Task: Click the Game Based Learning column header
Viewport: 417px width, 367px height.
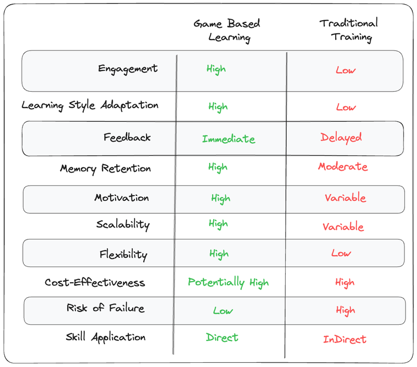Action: [x=227, y=30]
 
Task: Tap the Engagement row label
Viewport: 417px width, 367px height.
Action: [x=128, y=69]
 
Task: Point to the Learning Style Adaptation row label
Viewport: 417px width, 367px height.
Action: [x=90, y=105]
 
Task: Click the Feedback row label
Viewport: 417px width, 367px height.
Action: [x=127, y=137]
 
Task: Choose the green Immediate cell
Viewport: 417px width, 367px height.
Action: [x=228, y=139]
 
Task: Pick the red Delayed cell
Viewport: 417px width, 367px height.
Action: [x=341, y=137]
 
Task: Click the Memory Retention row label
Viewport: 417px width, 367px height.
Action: [x=105, y=169]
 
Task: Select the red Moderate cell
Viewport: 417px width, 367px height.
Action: [x=342, y=167]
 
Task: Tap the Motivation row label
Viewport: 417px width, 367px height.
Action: [x=121, y=198]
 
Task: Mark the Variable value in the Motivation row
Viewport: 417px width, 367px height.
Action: [x=345, y=198]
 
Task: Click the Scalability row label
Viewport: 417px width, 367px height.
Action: [x=122, y=225]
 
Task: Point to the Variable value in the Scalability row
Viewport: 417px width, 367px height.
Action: [x=343, y=227]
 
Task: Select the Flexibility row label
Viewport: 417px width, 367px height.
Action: [x=123, y=255]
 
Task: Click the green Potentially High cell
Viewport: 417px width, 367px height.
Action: [x=228, y=283]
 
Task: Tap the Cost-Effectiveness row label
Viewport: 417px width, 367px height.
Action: [x=95, y=283]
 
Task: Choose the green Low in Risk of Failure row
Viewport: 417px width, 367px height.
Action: [x=223, y=310]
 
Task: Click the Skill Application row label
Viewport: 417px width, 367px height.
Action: [x=105, y=337]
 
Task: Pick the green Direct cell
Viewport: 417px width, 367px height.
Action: [x=222, y=337]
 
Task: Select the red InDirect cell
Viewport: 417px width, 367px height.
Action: [x=345, y=339]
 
